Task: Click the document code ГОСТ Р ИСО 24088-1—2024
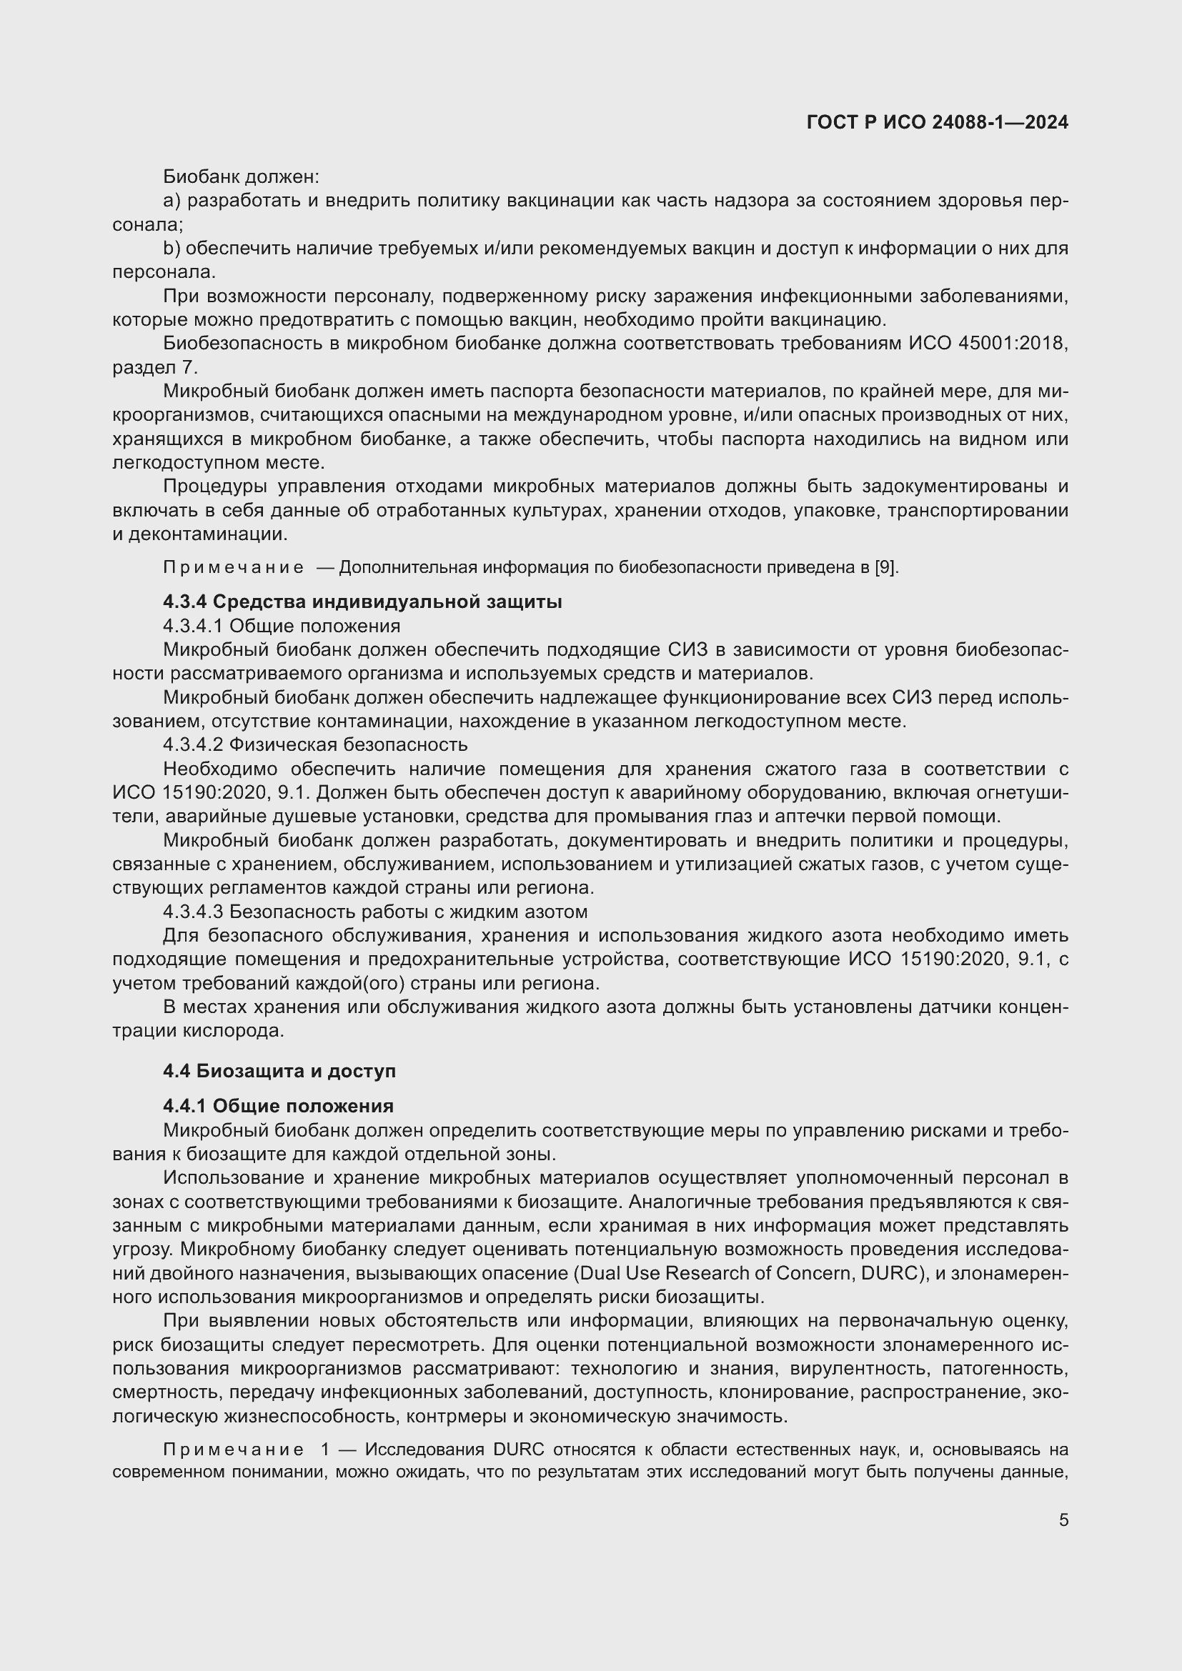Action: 937,122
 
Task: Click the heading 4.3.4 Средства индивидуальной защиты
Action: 362,602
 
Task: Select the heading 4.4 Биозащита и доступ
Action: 279,1071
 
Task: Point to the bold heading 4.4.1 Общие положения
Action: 278,1106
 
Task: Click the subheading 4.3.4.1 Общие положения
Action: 282,626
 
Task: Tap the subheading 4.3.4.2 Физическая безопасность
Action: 315,744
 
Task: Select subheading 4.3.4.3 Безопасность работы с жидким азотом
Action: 375,912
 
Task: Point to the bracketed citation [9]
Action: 886,568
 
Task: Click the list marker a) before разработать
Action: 172,201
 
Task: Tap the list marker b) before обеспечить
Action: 172,249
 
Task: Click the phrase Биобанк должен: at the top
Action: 241,177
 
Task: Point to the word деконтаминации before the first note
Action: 207,534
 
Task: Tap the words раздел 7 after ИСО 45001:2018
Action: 154,367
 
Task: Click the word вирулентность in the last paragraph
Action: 855,1368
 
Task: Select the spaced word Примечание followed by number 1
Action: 234,1450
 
